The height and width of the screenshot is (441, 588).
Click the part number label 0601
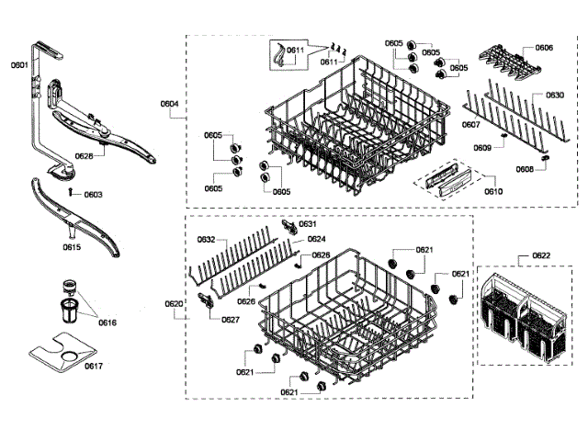tap(18, 65)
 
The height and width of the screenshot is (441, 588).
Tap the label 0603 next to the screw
tap(93, 194)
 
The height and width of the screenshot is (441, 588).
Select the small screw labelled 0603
tap(72, 190)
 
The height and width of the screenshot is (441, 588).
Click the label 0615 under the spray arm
tap(72, 247)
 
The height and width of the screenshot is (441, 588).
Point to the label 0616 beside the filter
tap(107, 322)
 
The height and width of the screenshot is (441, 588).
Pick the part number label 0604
tap(169, 104)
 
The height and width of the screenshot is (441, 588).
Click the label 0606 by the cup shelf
tap(544, 47)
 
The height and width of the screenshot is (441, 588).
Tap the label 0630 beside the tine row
tap(555, 95)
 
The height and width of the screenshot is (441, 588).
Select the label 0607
tap(470, 124)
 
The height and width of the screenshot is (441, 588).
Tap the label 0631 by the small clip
tap(307, 224)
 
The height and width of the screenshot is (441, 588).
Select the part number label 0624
tap(316, 239)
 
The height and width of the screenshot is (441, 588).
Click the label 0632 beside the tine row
tap(206, 239)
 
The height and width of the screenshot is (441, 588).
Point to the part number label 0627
tap(231, 320)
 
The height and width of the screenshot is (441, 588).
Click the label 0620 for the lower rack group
tap(175, 303)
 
